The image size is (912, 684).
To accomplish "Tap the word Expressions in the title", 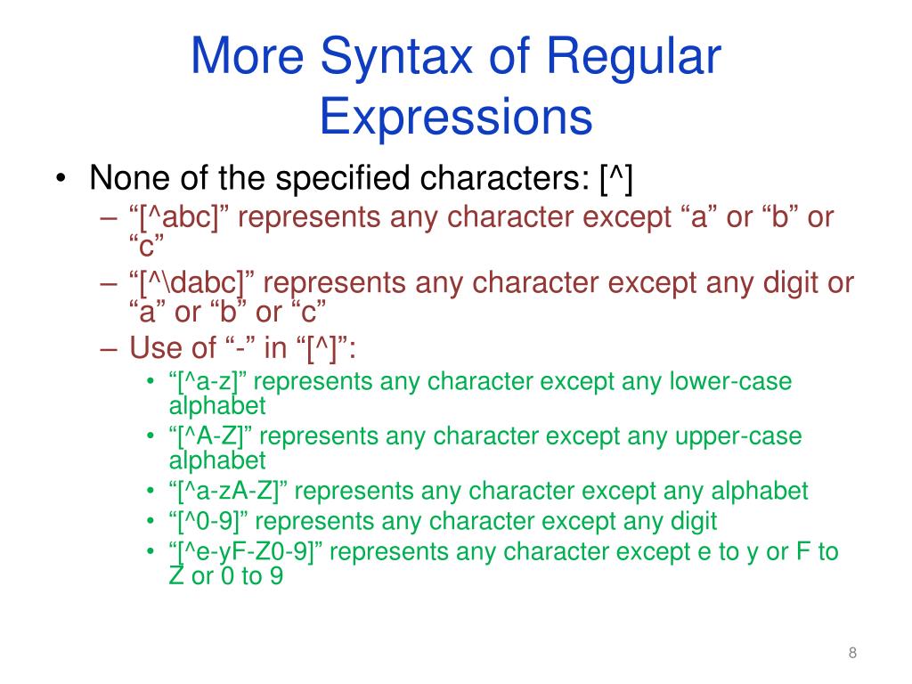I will click(455, 117).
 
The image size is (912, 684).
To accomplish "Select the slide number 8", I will click(852, 655).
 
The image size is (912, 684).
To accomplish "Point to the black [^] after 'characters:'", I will click(615, 180).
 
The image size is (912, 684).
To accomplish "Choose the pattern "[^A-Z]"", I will click(212, 437).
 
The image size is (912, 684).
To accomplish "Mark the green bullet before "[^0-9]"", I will click(151, 522).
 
